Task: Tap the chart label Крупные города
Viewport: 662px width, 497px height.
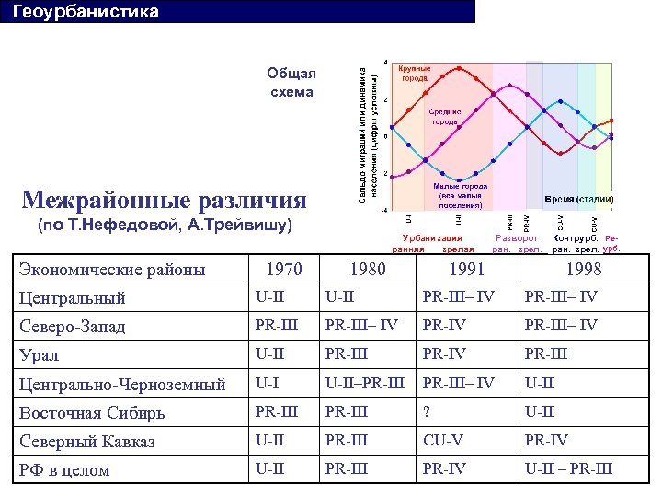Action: (x=414, y=74)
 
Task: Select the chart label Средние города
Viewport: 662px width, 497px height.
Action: (x=445, y=117)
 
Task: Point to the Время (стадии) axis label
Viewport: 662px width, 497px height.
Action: (x=578, y=199)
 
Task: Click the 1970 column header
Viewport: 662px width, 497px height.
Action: (x=283, y=270)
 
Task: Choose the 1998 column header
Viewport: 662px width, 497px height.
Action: (x=584, y=270)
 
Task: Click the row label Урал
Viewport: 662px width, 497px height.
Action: (x=40, y=355)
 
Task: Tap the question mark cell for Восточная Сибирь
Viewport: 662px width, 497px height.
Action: (x=426, y=411)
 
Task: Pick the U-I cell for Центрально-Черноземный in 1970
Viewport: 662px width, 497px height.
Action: (x=267, y=383)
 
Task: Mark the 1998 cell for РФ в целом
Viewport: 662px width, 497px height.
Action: (x=567, y=468)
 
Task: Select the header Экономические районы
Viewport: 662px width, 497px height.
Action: (x=112, y=270)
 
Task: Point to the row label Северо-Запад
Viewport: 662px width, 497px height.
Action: (x=72, y=327)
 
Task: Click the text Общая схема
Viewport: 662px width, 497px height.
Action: (x=291, y=83)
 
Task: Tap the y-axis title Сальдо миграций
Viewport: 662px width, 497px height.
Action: (x=367, y=129)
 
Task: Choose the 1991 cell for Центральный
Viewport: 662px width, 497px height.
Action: (x=458, y=298)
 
